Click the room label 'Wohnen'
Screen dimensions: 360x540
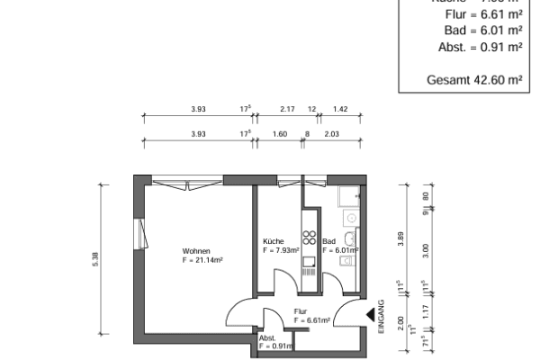(x=196, y=250)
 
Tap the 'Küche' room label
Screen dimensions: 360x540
(x=274, y=242)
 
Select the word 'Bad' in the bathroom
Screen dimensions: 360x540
(x=328, y=242)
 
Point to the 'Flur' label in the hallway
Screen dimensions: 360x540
(x=301, y=311)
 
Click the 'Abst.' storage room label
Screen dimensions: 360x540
(x=266, y=337)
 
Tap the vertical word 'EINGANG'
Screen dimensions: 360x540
(x=382, y=317)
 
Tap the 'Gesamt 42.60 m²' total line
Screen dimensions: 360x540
(x=474, y=79)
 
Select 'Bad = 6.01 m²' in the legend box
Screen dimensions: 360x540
(x=483, y=30)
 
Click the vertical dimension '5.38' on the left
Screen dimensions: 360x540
(x=107, y=256)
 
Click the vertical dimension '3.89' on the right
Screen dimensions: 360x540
(x=401, y=239)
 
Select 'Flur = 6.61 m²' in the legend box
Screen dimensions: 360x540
(x=483, y=13)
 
